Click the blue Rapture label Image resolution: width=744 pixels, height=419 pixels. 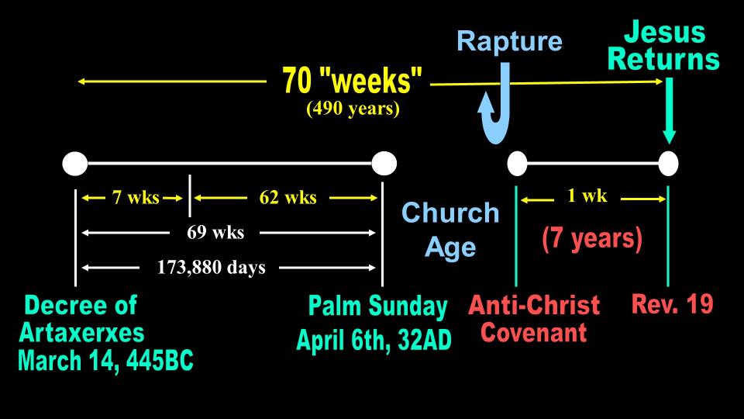tap(509, 41)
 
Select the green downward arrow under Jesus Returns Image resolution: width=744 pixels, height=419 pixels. tap(669, 110)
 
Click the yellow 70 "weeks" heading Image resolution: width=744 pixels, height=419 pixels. tap(352, 79)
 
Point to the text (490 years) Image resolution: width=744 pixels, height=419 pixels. tap(353, 109)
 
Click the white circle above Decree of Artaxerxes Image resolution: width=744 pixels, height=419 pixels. tap(75, 164)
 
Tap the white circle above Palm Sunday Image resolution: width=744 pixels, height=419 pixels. tap(384, 164)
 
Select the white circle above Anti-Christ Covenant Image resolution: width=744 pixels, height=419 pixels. tap(517, 164)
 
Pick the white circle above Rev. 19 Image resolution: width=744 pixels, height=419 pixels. tap(668, 164)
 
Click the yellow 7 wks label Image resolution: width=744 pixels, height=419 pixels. tap(136, 198)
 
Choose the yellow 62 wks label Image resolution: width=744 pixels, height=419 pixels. tap(288, 198)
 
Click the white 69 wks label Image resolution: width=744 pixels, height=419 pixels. tap(215, 232)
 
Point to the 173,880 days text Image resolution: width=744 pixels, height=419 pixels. tap(211, 268)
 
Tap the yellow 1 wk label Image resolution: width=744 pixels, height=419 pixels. tap(587, 196)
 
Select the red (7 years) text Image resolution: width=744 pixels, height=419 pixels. tap(592, 238)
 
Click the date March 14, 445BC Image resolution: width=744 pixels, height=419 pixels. tap(106, 361)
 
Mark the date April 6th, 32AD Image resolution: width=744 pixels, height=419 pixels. tap(374, 340)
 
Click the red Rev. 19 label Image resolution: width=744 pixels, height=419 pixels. tap(673, 304)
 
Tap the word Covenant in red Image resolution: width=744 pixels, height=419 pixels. tap(534, 333)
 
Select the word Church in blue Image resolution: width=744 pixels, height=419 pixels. tap(450, 213)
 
